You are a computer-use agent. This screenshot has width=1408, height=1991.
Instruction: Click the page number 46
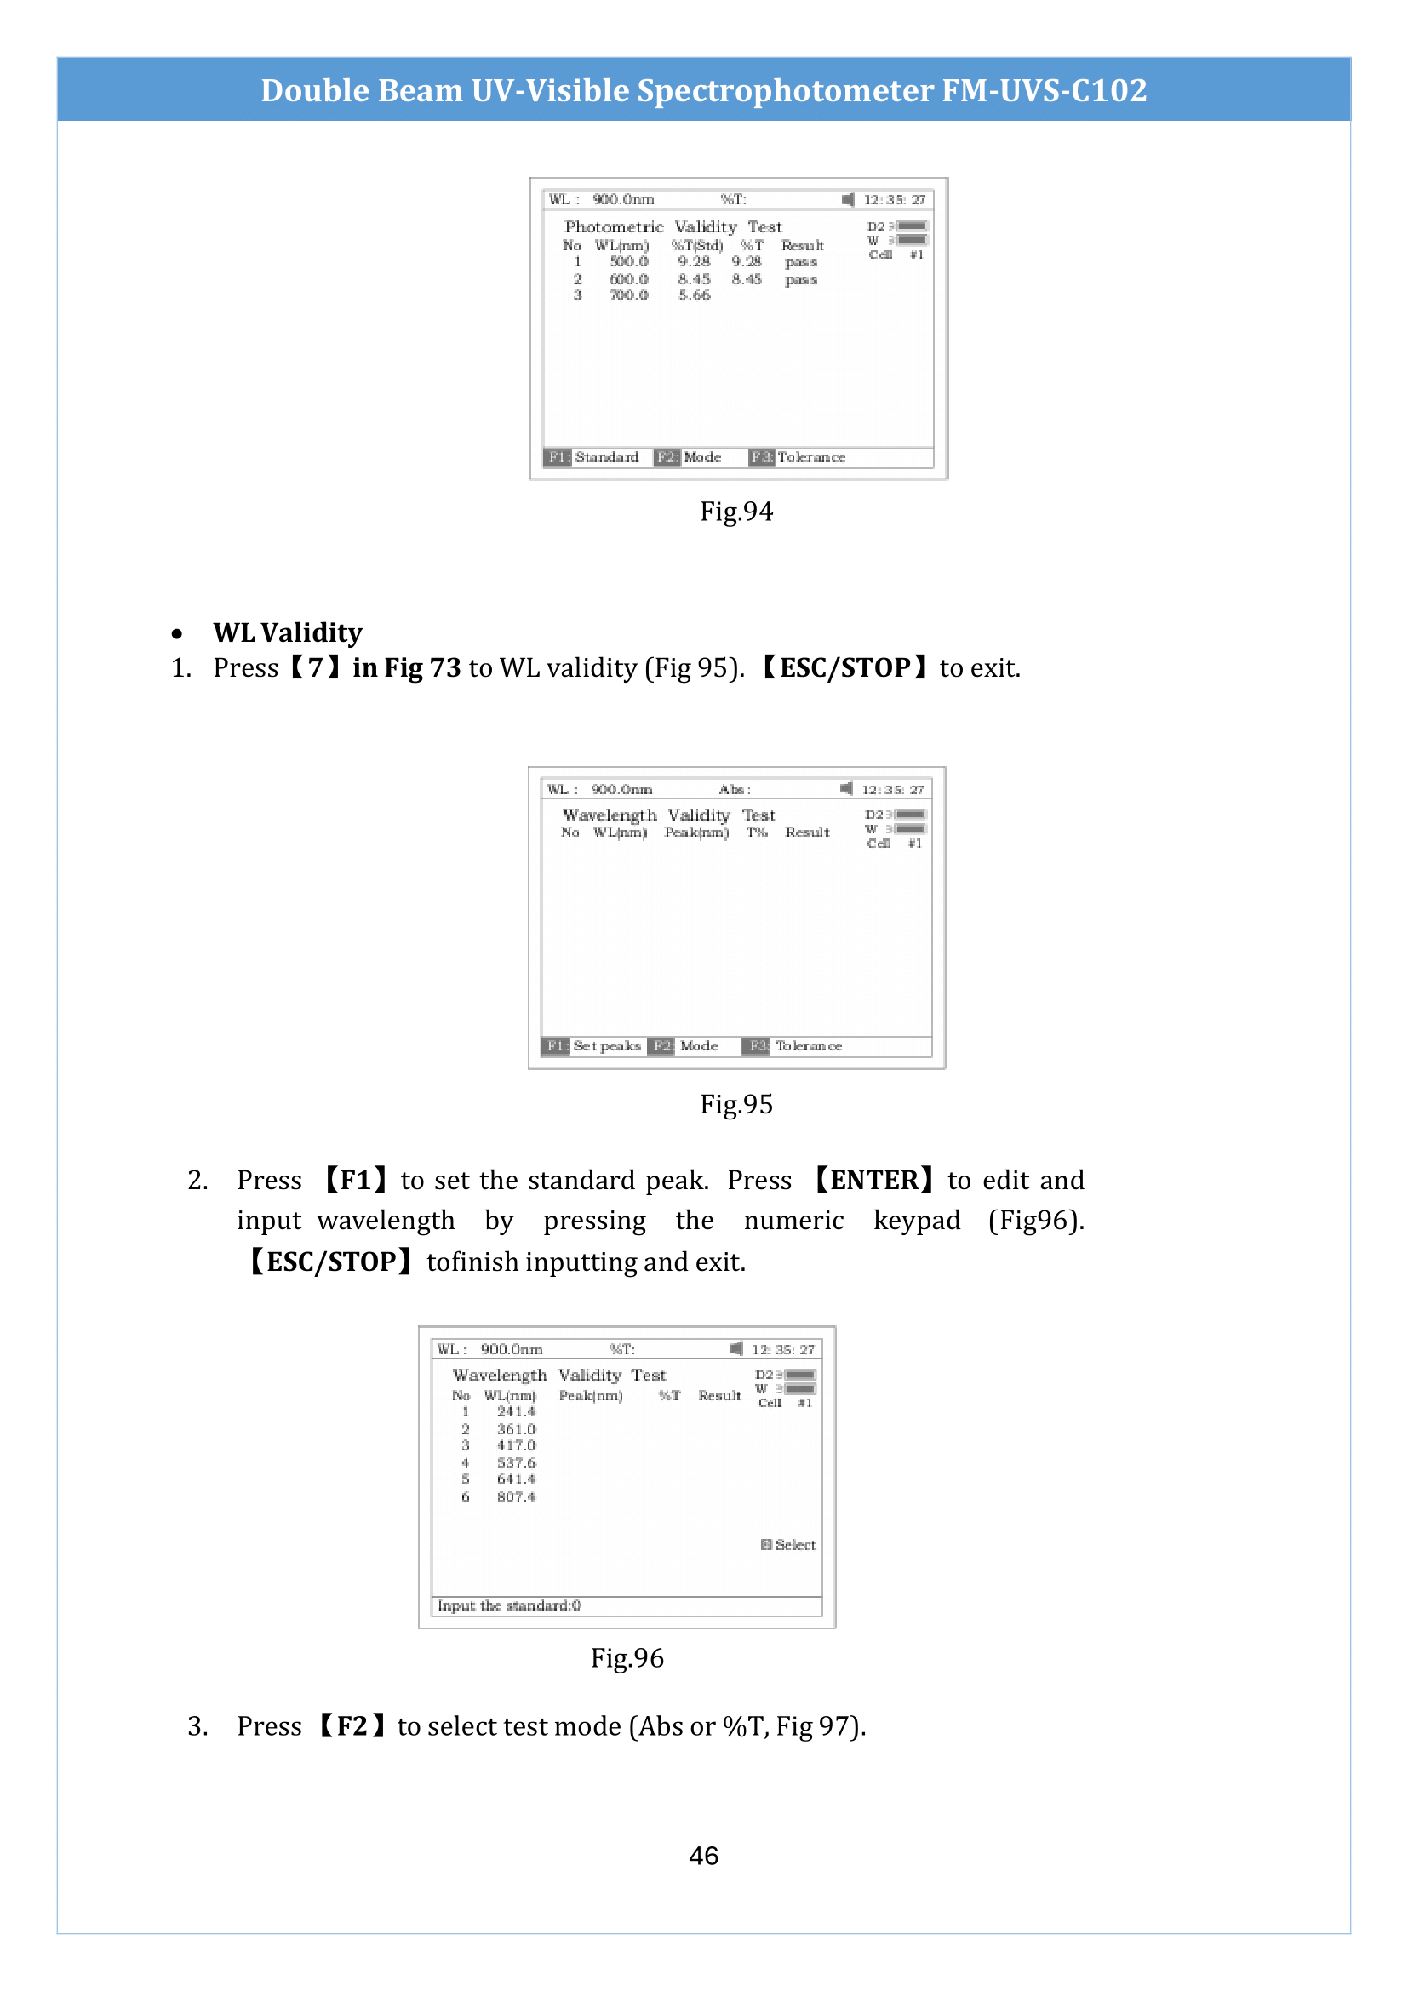click(703, 1855)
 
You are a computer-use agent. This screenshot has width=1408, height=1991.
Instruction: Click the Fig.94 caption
click(736, 512)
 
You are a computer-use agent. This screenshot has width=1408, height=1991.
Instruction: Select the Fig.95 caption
click(736, 1104)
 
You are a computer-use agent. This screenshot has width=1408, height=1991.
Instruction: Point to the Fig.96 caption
click(627, 1658)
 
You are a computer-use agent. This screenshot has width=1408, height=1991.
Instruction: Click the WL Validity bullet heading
click(287, 633)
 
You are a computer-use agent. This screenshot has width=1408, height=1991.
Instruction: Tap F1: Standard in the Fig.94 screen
click(593, 457)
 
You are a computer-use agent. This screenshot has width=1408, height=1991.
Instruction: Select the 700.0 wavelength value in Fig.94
click(628, 295)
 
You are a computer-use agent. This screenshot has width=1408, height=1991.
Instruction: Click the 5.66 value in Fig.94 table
click(694, 295)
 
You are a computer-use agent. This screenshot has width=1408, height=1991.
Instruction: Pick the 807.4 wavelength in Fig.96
click(516, 1496)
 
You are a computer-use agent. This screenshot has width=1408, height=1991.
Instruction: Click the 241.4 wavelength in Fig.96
click(516, 1411)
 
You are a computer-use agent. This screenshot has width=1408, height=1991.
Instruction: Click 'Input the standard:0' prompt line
click(509, 1605)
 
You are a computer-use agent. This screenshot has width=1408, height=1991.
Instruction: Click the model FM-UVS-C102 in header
click(1044, 90)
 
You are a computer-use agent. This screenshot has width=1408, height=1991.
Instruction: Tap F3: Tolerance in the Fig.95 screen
click(796, 1046)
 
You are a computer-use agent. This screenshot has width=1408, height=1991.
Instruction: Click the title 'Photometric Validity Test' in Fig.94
click(673, 227)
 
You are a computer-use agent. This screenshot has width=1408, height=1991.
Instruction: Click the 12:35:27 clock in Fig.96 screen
click(783, 1349)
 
